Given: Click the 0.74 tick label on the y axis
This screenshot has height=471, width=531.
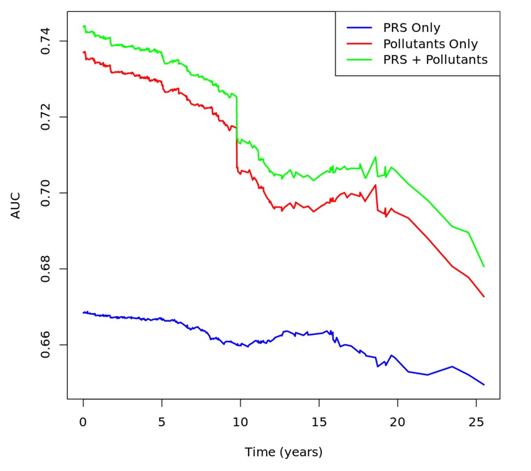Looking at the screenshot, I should coord(46,41).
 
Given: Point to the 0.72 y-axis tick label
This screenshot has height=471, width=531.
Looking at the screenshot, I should coord(46,117).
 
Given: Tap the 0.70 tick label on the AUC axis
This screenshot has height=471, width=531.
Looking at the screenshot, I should coord(46,193).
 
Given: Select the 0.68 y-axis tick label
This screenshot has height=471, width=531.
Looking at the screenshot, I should coord(46,269).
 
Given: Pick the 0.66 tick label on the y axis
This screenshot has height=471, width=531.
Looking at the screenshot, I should coord(46,345).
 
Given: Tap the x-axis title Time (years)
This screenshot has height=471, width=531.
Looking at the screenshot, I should coord(284,452).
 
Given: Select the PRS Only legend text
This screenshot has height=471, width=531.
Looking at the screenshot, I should coord(412,28).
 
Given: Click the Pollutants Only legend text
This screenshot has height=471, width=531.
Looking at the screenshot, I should coord(430,44).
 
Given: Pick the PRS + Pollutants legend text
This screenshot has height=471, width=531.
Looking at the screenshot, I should coord(436,59).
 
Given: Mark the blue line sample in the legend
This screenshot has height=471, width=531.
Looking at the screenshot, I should coord(359,28).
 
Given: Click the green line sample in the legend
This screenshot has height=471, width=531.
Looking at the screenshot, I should coord(359,59).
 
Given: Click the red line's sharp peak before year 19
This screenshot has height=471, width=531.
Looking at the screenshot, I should coord(376,185).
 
